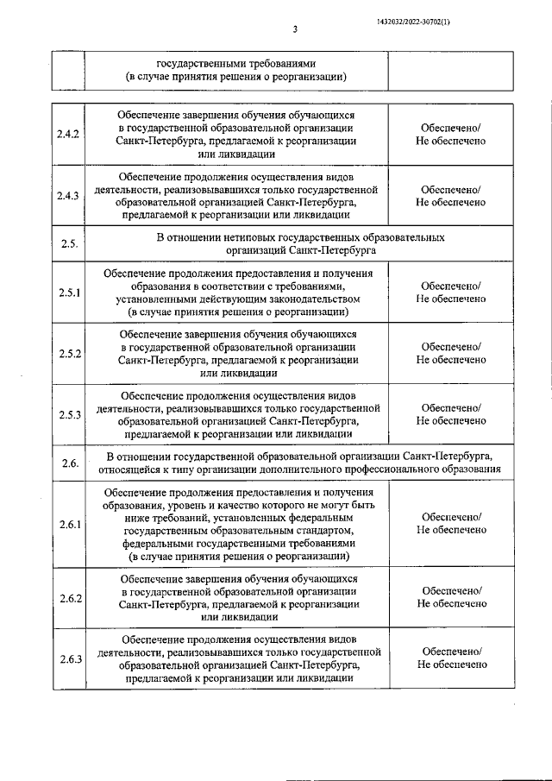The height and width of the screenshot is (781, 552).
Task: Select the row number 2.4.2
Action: pos(68,135)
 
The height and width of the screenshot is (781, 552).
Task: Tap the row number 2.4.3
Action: pos(68,196)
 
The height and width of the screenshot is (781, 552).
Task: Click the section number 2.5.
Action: pos(70,243)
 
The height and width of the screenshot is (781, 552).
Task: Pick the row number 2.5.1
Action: pos(68,293)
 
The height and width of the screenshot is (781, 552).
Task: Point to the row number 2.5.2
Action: pos(68,354)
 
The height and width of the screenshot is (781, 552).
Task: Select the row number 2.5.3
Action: pos(68,415)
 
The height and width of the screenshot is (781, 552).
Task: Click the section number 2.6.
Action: pos(70,463)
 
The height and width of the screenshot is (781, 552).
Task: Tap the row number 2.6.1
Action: pos(68,524)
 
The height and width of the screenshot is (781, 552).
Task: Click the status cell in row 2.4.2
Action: pos(450,135)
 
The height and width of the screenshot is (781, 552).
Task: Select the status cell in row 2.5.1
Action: pos(450,293)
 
